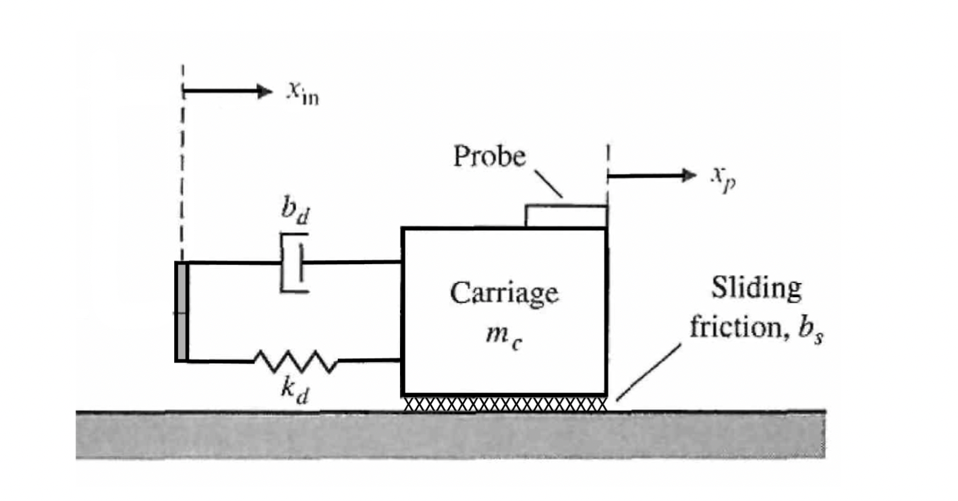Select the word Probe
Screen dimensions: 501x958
pos(489,157)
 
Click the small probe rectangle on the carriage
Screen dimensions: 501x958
pos(566,216)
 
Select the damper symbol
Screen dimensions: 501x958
pos(295,263)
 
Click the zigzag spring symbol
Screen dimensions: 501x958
pos(295,362)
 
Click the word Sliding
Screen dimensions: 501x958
pos(756,289)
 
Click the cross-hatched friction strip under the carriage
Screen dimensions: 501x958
pos(505,404)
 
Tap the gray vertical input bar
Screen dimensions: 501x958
pos(181,311)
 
